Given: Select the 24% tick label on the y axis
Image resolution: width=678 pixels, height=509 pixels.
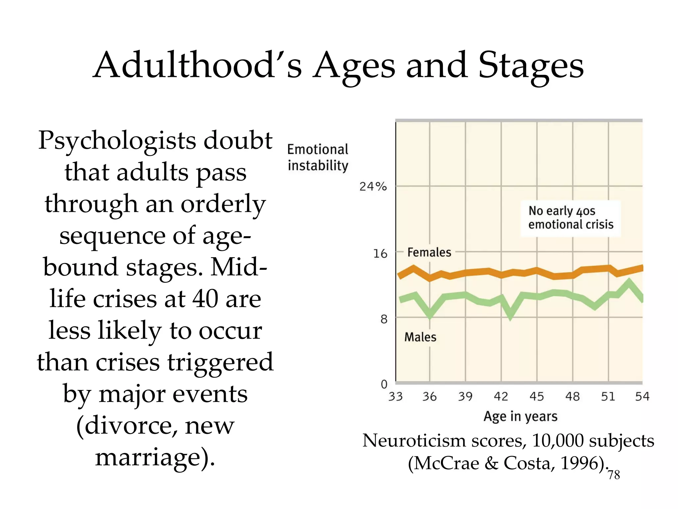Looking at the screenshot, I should [373, 187].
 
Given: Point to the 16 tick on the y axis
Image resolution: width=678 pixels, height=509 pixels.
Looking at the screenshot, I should [380, 254].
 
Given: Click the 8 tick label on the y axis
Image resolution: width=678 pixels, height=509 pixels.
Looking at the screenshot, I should [384, 319].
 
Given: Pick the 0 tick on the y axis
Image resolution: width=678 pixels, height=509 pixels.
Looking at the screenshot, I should [384, 384].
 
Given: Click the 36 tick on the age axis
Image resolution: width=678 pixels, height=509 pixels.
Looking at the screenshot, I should [429, 396].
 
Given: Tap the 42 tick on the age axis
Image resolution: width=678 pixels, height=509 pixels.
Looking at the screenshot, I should [501, 396].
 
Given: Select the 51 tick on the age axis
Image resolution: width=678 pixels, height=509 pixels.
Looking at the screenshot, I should [608, 396].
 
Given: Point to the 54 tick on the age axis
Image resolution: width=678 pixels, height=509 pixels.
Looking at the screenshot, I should [642, 396].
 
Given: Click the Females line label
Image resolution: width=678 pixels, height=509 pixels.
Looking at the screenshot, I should [429, 253].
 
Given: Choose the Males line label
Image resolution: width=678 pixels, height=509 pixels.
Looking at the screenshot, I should [420, 337].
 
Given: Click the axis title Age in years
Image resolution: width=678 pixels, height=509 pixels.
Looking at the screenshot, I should [520, 417].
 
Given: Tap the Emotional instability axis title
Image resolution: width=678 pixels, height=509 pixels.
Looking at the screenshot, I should [317, 158].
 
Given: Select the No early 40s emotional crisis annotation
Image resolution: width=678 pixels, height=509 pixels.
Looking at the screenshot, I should [570, 218].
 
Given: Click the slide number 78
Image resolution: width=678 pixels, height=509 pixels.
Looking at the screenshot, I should [614, 475].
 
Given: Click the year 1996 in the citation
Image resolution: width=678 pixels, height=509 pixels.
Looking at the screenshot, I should [579, 463].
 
